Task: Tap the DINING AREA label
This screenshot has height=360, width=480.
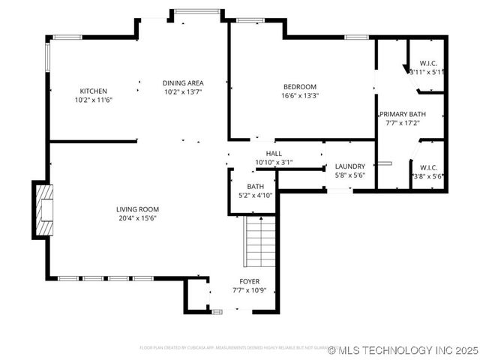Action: pyautogui.click(x=183, y=82)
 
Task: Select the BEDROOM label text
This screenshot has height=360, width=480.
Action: pyautogui.click(x=300, y=86)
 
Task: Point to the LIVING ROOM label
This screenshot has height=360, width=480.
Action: pyautogui.click(x=137, y=209)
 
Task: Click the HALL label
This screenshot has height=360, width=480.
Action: pyautogui.click(x=274, y=153)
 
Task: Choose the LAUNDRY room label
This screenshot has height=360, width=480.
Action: pyautogui.click(x=349, y=166)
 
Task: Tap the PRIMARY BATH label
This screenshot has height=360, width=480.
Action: pyautogui.click(x=402, y=114)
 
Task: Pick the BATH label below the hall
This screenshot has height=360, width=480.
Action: pyautogui.click(x=256, y=187)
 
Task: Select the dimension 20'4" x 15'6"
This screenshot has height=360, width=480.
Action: pyautogui.click(x=137, y=218)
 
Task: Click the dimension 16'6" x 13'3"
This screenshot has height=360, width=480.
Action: pyautogui.click(x=300, y=95)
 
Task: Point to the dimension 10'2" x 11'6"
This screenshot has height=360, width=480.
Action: pyautogui.click(x=93, y=100)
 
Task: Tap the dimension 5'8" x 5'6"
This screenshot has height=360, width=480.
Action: pyautogui.click(x=349, y=175)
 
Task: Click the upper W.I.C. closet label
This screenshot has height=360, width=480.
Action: pyautogui.click(x=428, y=63)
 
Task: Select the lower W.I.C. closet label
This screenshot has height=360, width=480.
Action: pyautogui.click(x=428, y=167)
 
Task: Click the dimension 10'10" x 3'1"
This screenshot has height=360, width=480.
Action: pyautogui.click(x=274, y=162)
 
